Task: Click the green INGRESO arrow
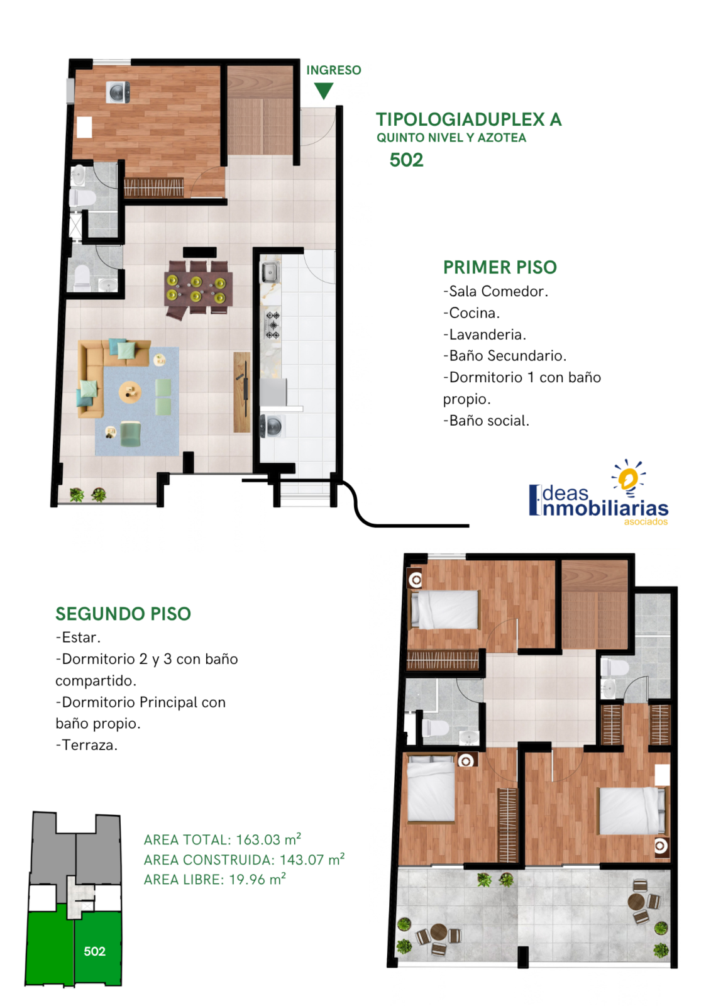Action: [323, 91]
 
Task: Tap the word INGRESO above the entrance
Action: [333, 70]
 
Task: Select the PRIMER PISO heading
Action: [499, 267]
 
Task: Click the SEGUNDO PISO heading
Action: [123, 614]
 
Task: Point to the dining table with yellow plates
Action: [199, 288]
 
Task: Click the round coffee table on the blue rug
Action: [130, 392]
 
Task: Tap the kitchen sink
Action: [270, 272]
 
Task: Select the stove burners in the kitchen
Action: [273, 325]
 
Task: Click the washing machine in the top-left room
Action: [118, 92]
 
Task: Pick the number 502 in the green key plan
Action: [94, 951]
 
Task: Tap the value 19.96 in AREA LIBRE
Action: [247, 880]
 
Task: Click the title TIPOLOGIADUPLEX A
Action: [468, 119]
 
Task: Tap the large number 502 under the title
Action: [406, 160]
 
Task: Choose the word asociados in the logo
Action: [646, 521]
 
